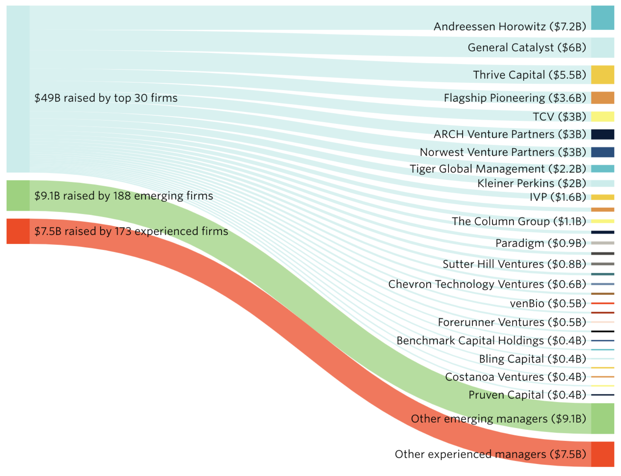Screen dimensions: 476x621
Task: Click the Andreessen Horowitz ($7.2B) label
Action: [x=509, y=27]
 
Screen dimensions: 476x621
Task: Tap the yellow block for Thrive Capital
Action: [x=602, y=75]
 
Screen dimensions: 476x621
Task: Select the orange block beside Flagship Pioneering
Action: [x=602, y=98]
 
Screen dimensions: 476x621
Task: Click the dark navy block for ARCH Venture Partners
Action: [x=602, y=134]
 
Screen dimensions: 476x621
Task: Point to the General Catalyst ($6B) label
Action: [x=527, y=48]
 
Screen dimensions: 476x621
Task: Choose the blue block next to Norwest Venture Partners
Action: [x=602, y=152]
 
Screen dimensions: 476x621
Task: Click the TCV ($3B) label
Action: [x=559, y=117]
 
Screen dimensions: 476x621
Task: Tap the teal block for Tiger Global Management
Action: [x=602, y=169]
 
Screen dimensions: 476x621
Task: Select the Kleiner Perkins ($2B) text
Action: [x=531, y=183]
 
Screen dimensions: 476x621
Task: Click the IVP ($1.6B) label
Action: [x=558, y=197]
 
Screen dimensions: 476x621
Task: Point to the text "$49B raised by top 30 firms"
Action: [x=106, y=98]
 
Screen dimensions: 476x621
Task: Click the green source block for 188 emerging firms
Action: [x=18, y=196]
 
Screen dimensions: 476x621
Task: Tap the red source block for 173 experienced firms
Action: [x=18, y=231]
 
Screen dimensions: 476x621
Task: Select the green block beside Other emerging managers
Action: [x=602, y=418]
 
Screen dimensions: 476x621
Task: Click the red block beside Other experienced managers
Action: [x=602, y=454]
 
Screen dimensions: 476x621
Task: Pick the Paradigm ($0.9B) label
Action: [x=540, y=243]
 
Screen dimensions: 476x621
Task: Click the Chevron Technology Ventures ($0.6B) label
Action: [x=487, y=284]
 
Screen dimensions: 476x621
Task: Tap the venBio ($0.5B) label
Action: [x=548, y=303]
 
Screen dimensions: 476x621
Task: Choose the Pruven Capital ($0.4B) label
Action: [x=527, y=395]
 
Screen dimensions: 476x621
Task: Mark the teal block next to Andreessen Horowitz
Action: [x=602, y=18]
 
